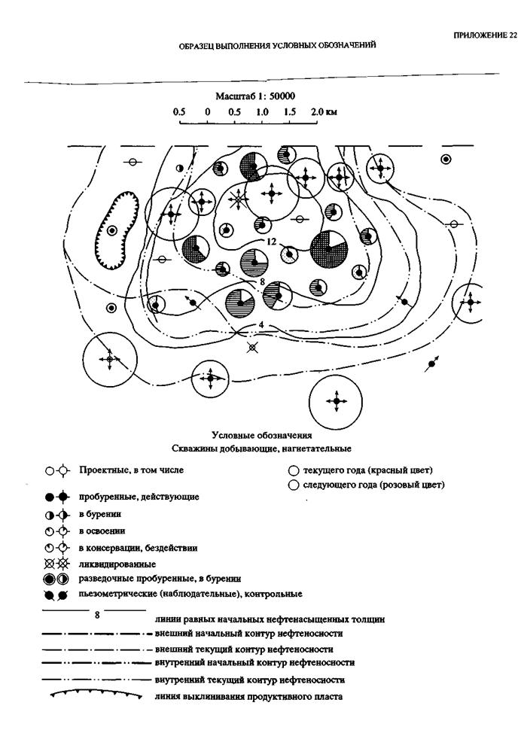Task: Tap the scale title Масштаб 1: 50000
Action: pyautogui.click(x=254, y=96)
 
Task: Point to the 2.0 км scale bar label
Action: pyautogui.click(x=322, y=111)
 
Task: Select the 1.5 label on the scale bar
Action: pyautogui.click(x=290, y=111)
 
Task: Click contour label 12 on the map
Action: pyautogui.click(x=273, y=242)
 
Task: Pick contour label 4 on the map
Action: pyautogui.click(x=259, y=324)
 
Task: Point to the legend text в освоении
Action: pyautogui.click(x=102, y=531)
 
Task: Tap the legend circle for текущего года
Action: pyautogui.click(x=293, y=470)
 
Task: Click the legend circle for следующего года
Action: pyautogui.click(x=293, y=485)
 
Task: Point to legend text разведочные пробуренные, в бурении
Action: pyautogui.click(x=160, y=579)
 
